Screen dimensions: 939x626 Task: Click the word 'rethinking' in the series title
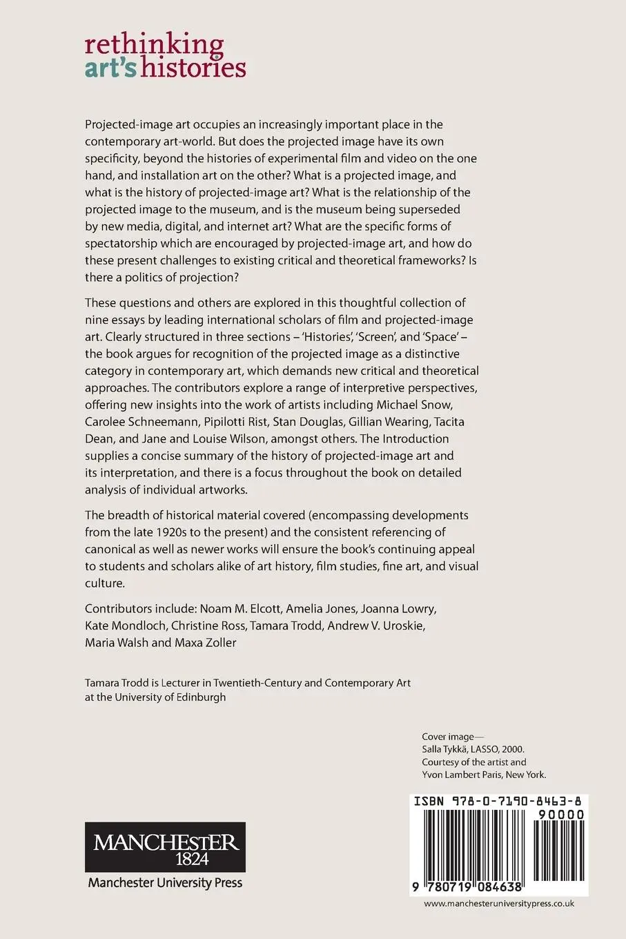[x=154, y=46]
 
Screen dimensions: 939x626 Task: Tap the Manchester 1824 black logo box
[x=165, y=846]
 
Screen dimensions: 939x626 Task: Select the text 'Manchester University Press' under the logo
[x=165, y=882]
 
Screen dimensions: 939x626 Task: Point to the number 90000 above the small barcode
[x=559, y=815]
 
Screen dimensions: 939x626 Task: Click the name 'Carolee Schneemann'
[x=133, y=422]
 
